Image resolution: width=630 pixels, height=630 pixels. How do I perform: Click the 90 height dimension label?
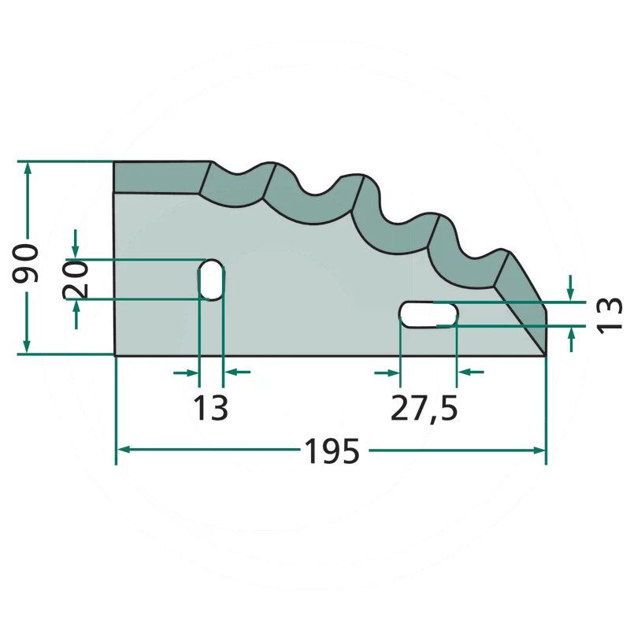(26, 262)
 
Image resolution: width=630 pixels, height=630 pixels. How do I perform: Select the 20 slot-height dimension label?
(76, 280)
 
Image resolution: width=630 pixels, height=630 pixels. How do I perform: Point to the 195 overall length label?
(332, 450)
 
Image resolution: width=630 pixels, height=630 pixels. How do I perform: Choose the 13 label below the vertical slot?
(210, 407)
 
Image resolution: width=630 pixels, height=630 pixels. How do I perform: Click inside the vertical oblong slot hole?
(211, 280)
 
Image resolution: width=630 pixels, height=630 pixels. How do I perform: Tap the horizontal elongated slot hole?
(428, 314)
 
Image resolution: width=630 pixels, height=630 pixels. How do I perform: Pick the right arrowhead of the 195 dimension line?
(539, 450)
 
